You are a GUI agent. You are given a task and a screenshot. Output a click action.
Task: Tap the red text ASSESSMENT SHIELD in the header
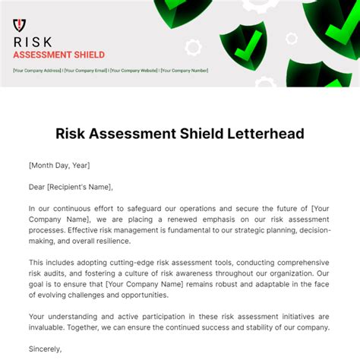pos(59,55)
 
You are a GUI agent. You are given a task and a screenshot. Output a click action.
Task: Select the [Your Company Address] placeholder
pos(37,71)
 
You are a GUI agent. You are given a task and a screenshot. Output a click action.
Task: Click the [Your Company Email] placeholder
pos(86,71)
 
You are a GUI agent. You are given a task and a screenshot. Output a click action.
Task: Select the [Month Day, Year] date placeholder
pos(58,165)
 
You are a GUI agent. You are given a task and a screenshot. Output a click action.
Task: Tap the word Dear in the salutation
pos(38,186)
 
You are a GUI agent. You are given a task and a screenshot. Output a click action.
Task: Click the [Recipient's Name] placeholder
pos(81,186)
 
